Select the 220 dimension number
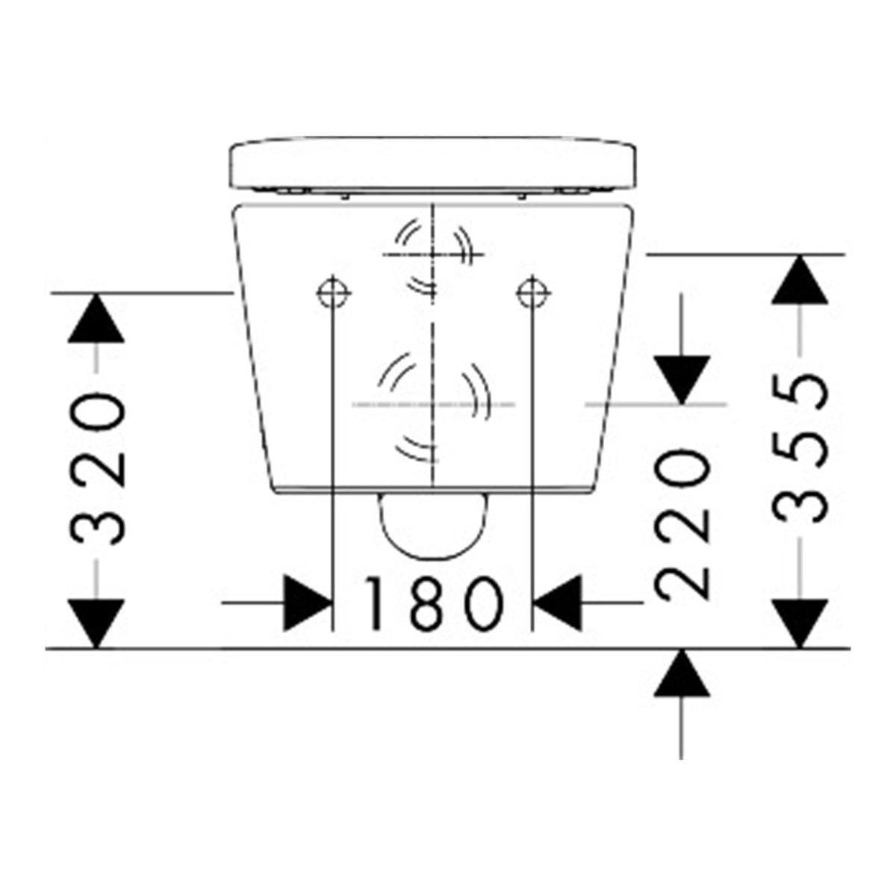(682, 524)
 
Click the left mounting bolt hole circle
(334, 293)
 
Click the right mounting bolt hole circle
(533, 293)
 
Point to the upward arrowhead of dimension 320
(96, 319)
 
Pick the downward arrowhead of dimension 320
(96, 623)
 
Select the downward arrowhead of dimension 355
(800, 623)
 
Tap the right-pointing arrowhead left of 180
(308, 603)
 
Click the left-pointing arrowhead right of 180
(558, 603)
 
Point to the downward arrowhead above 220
(682, 380)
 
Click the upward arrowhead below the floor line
(682, 673)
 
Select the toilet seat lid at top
(433, 164)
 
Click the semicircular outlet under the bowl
(433, 526)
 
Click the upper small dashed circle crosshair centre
(433, 255)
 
